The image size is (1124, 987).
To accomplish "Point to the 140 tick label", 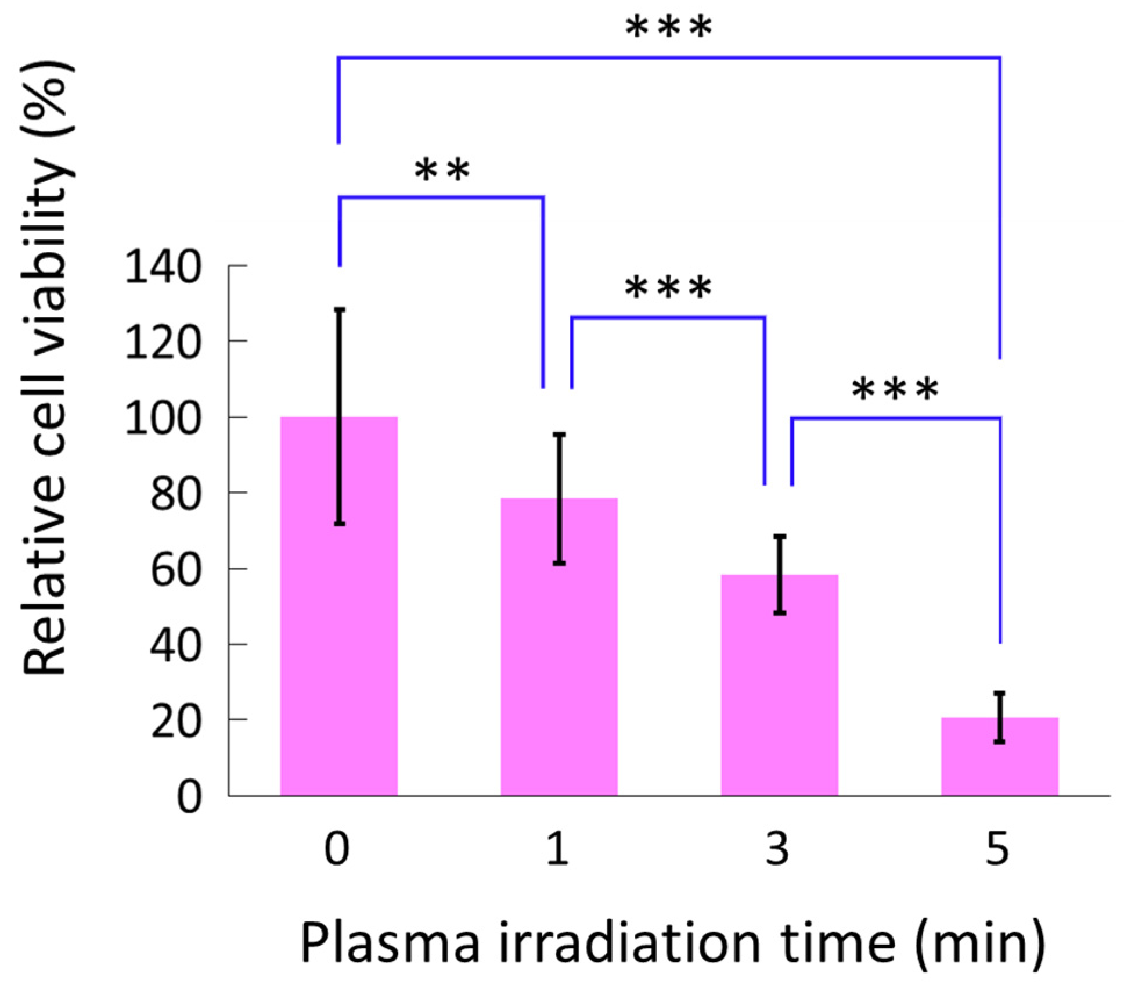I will coord(163,268).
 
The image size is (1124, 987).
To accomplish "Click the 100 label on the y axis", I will coord(163,419).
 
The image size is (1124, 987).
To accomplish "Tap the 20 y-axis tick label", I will coord(175,722).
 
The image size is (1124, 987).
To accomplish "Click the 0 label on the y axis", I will coord(189,798).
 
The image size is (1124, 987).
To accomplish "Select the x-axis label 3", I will coord(777,849).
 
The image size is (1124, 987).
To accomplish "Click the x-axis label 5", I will coord(997,849).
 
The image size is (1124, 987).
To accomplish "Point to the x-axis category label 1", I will coord(557,849).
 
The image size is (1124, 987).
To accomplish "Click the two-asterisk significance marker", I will coord(442,170).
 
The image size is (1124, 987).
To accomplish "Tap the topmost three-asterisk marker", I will coord(668,27).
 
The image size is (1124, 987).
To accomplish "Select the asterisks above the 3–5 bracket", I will coord(895,389).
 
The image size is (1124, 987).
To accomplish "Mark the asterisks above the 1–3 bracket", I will coord(668,287).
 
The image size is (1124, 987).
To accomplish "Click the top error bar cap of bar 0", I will coord(340,310).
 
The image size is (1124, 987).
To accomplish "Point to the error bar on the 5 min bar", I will coord(999,717).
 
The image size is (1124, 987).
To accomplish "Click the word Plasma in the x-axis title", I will coord(390,943).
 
